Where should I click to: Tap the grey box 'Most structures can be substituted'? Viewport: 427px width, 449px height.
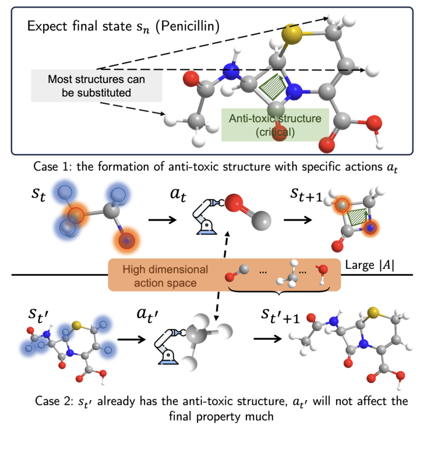click(96, 85)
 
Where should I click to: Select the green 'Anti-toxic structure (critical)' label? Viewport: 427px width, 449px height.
click(274, 125)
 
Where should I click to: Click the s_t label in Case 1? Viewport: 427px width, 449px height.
click(25, 194)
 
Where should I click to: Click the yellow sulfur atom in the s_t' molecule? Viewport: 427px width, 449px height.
click(76, 324)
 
